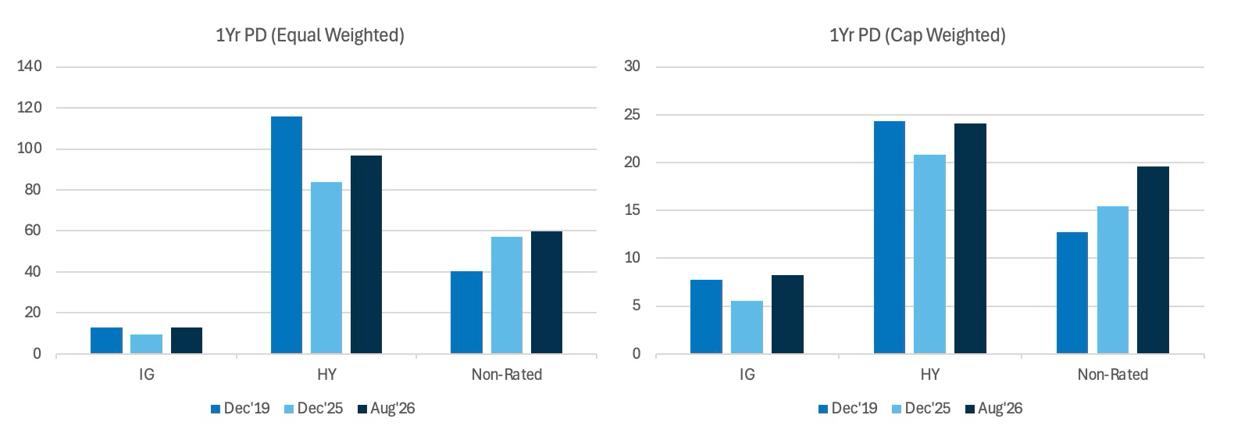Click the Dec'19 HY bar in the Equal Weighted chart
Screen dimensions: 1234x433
(x=287, y=235)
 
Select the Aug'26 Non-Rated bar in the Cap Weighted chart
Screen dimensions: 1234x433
(x=1153, y=259)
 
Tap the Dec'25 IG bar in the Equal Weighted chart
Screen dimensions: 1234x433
(x=147, y=344)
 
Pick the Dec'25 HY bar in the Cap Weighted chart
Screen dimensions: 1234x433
(x=929, y=254)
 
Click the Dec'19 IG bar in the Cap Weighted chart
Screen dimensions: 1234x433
(x=706, y=317)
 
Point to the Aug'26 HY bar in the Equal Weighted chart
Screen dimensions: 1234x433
(x=366, y=255)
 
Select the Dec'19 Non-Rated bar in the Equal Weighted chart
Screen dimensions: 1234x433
(x=466, y=312)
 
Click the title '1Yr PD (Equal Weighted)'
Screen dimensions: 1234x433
(x=310, y=35)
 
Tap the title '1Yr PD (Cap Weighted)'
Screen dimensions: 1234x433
(x=918, y=35)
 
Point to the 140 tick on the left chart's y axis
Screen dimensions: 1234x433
(x=30, y=66)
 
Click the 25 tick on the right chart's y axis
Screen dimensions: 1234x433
(x=633, y=115)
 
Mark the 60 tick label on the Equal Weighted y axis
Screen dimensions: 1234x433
(x=33, y=230)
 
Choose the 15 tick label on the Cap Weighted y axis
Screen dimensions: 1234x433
(x=633, y=210)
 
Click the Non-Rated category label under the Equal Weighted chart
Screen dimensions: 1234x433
(x=507, y=374)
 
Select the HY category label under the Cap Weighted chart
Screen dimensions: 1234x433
(x=930, y=374)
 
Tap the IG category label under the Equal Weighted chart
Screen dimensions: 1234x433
(x=147, y=374)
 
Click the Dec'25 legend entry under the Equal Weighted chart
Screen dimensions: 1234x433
(x=313, y=409)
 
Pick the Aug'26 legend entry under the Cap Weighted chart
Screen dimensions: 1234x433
(x=993, y=409)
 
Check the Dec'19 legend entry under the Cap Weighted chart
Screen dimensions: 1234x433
(x=848, y=409)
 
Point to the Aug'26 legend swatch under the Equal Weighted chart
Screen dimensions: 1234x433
(x=362, y=410)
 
